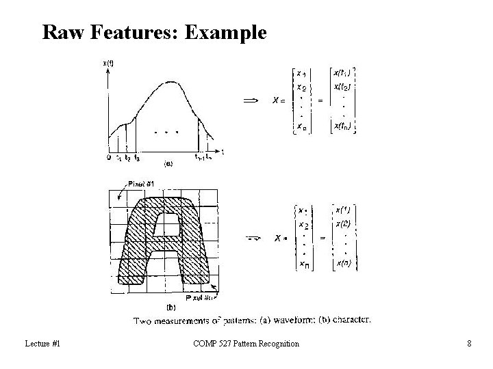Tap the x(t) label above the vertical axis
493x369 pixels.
[108, 63]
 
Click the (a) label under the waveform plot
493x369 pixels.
[168, 164]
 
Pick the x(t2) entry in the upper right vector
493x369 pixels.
[343, 86]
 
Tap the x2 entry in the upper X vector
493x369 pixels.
[301, 87]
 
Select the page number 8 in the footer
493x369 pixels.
[469, 343]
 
